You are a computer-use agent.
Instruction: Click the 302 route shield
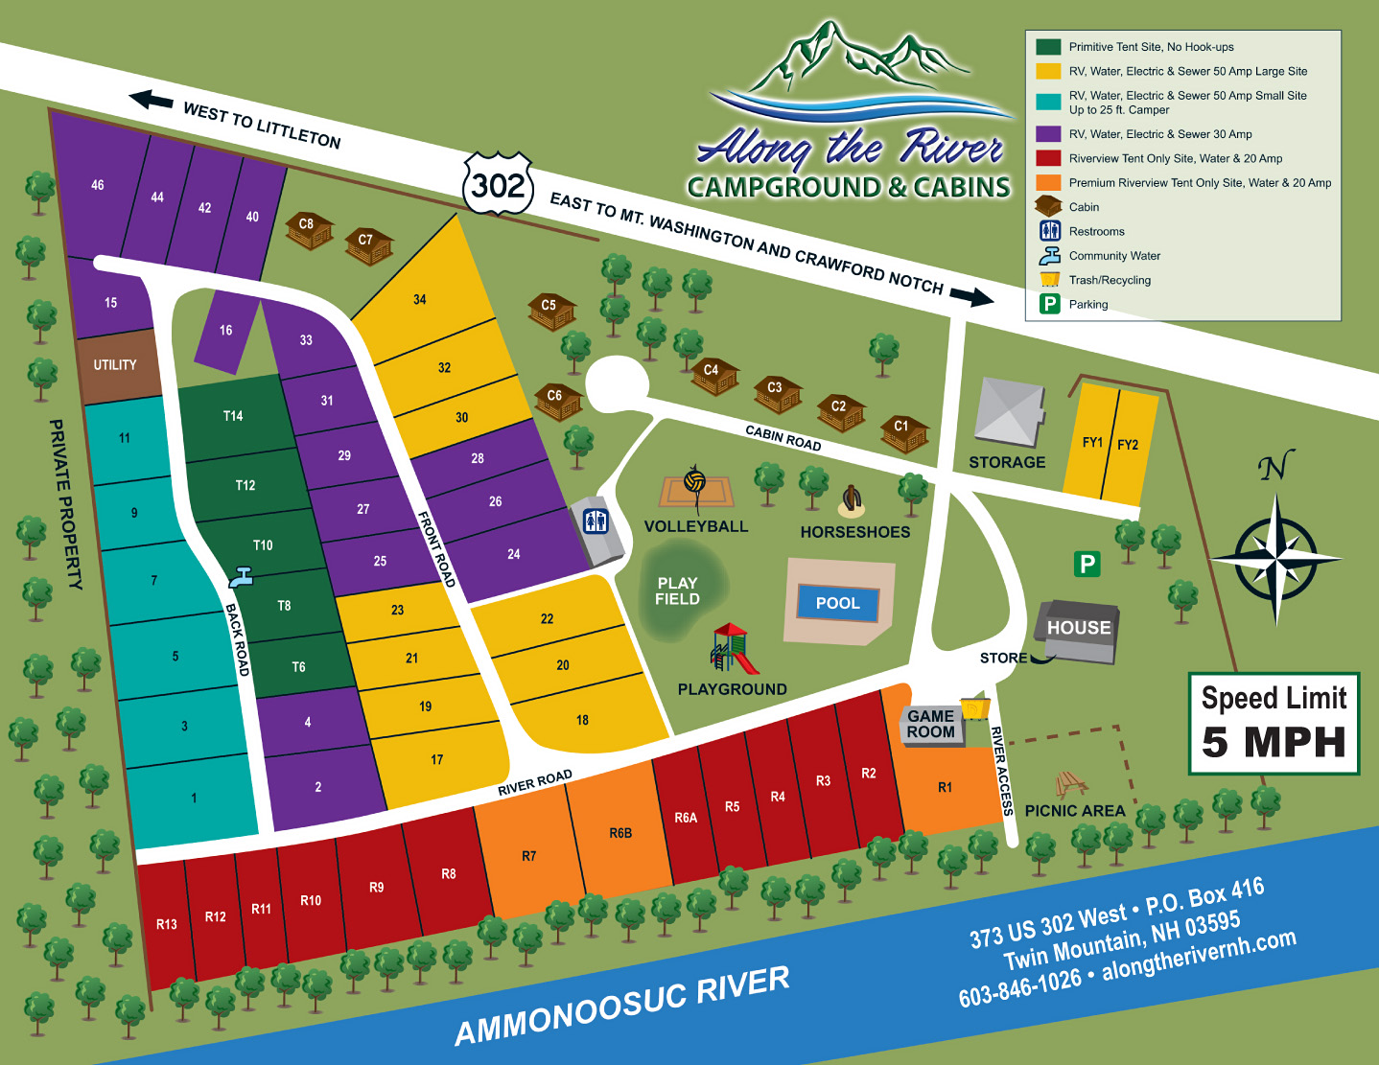click(x=498, y=183)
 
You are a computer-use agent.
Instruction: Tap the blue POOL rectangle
click(x=838, y=603)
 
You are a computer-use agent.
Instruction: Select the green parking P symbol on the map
click(x=1087, y=564)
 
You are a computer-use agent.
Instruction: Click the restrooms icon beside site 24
click(x=596, y=521)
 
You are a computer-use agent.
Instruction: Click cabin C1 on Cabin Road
click(x=902, y=432)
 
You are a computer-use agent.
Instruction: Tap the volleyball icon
click(x=695, y=480)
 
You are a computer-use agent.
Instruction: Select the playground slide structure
click(x=734, y=649)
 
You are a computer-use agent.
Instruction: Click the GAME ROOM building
click(x=931, y=724)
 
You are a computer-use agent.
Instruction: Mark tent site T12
click(x=245, y=485)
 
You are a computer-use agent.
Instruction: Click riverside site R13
click(x=166, y=923)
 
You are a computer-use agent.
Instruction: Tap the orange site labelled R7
click(x=528, y=855)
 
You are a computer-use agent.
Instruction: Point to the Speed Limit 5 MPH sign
click(x=1274, y=723)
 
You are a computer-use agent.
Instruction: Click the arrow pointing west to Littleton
click(x=152, y=100)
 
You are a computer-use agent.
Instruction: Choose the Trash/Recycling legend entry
click(x=1110, y=280)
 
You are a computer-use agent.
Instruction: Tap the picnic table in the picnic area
click(x=1070, y=784)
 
